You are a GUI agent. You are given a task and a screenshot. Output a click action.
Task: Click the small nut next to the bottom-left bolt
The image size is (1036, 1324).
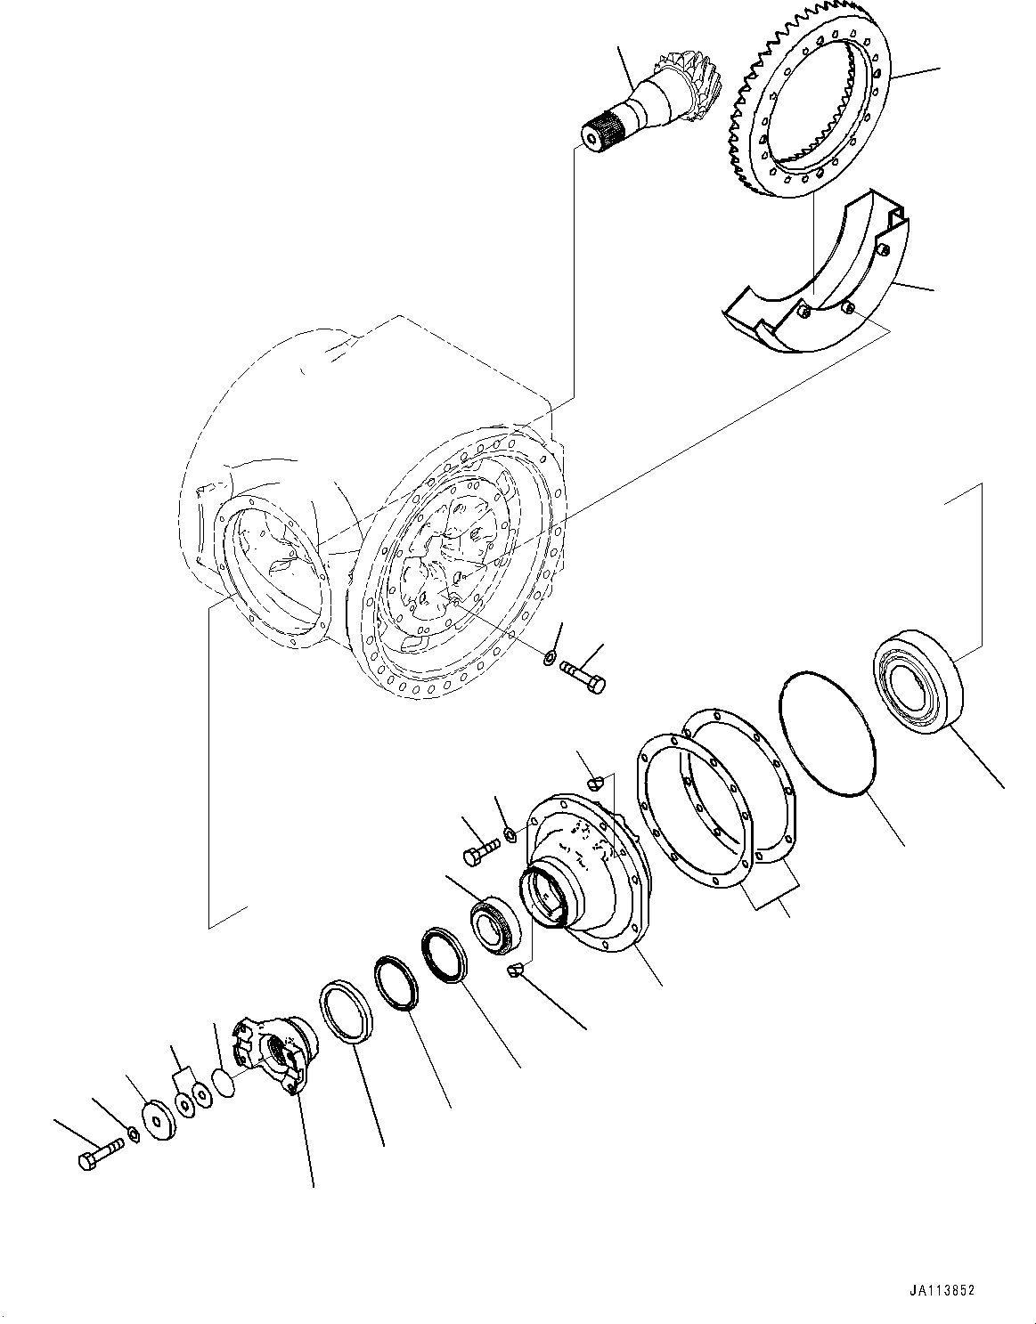point(132,1133)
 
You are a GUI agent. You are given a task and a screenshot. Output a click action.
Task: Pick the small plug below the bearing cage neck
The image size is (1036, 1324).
point(514,971)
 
